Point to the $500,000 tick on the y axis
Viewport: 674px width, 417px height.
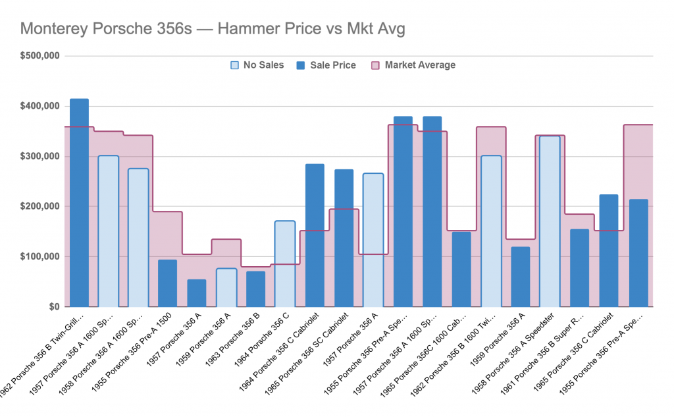[40, 56]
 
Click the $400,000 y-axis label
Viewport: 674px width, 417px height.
[40, 106]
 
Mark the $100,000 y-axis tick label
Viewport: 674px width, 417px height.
[40, 256]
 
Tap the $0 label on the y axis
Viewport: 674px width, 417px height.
[53, 307]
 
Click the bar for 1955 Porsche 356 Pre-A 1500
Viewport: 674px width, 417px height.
[167, 283]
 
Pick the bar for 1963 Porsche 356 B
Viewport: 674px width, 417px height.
[255, 289]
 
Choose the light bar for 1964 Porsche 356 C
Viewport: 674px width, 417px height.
[284, 264]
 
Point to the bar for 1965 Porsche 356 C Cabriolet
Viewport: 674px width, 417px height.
[609, 251]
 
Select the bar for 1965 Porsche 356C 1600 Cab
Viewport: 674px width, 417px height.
[461, 269]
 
